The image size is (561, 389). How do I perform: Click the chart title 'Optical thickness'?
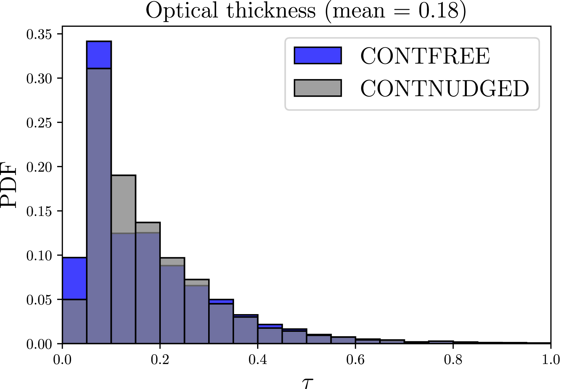tap(231, 11)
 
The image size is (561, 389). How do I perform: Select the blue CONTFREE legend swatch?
tap(317, 55)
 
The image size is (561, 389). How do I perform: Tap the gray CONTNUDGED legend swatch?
tap(317, 88)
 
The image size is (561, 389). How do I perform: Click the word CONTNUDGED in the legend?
tap(444, 88)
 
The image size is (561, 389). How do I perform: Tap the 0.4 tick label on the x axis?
tap(258, 360)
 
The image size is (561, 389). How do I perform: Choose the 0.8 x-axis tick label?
tap(453, 360)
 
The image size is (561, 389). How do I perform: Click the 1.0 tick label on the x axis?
tap(551, 360)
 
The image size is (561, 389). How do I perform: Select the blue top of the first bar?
tap(75, 278)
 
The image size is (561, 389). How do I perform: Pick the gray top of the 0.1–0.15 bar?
tap(124, 204)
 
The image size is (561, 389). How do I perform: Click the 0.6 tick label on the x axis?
tap(355, 360)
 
